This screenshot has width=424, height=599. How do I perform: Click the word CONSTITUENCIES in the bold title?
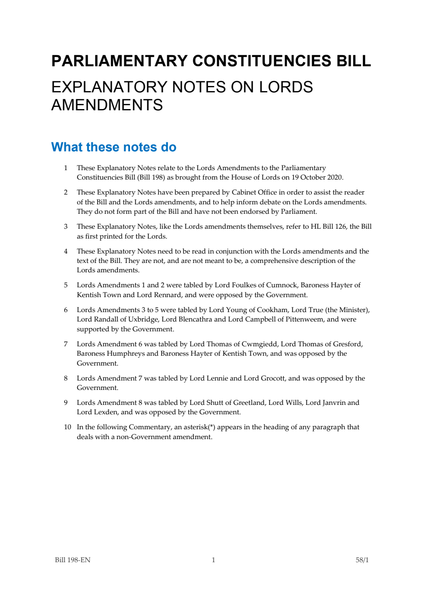pos(261,61)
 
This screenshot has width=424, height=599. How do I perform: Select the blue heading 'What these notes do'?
pos(114,147)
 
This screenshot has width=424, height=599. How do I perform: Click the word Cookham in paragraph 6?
pos(272,310)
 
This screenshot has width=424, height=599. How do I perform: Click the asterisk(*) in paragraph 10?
pos(212,427)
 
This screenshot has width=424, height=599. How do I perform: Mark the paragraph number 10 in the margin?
pos(68,427)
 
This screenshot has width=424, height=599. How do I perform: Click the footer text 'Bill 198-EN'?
pos(73,560)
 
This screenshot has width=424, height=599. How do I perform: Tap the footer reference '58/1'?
pos(362,560)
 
